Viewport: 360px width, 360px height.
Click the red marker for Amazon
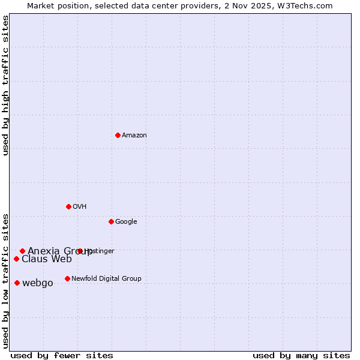click(118, 135)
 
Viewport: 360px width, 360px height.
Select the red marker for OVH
click(68, 206)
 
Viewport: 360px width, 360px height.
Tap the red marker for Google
click(111, 221)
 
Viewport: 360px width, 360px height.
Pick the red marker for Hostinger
click(79, 251)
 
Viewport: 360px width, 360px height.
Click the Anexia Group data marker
click(22, 251)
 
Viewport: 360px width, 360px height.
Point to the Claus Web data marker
click(16, 259)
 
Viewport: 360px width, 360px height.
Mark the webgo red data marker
click(17, 283)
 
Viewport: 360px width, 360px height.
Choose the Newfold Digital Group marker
click(67, 278)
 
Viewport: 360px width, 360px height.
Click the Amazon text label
click(134, 136)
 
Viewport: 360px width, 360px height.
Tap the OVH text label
click(80, 207)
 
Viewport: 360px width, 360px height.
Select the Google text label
click(126, 222)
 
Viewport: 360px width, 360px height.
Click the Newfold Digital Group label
click(106, 279)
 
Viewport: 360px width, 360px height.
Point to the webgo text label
click(37, 283)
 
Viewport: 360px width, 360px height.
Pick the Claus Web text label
click(46, 259)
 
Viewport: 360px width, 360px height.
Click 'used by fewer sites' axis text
click(62, 355)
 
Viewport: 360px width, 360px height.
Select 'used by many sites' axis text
click(301, 355)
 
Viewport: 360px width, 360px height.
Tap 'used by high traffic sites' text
click(6, 85)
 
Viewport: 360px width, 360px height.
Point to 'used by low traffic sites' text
click(6, 280)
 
